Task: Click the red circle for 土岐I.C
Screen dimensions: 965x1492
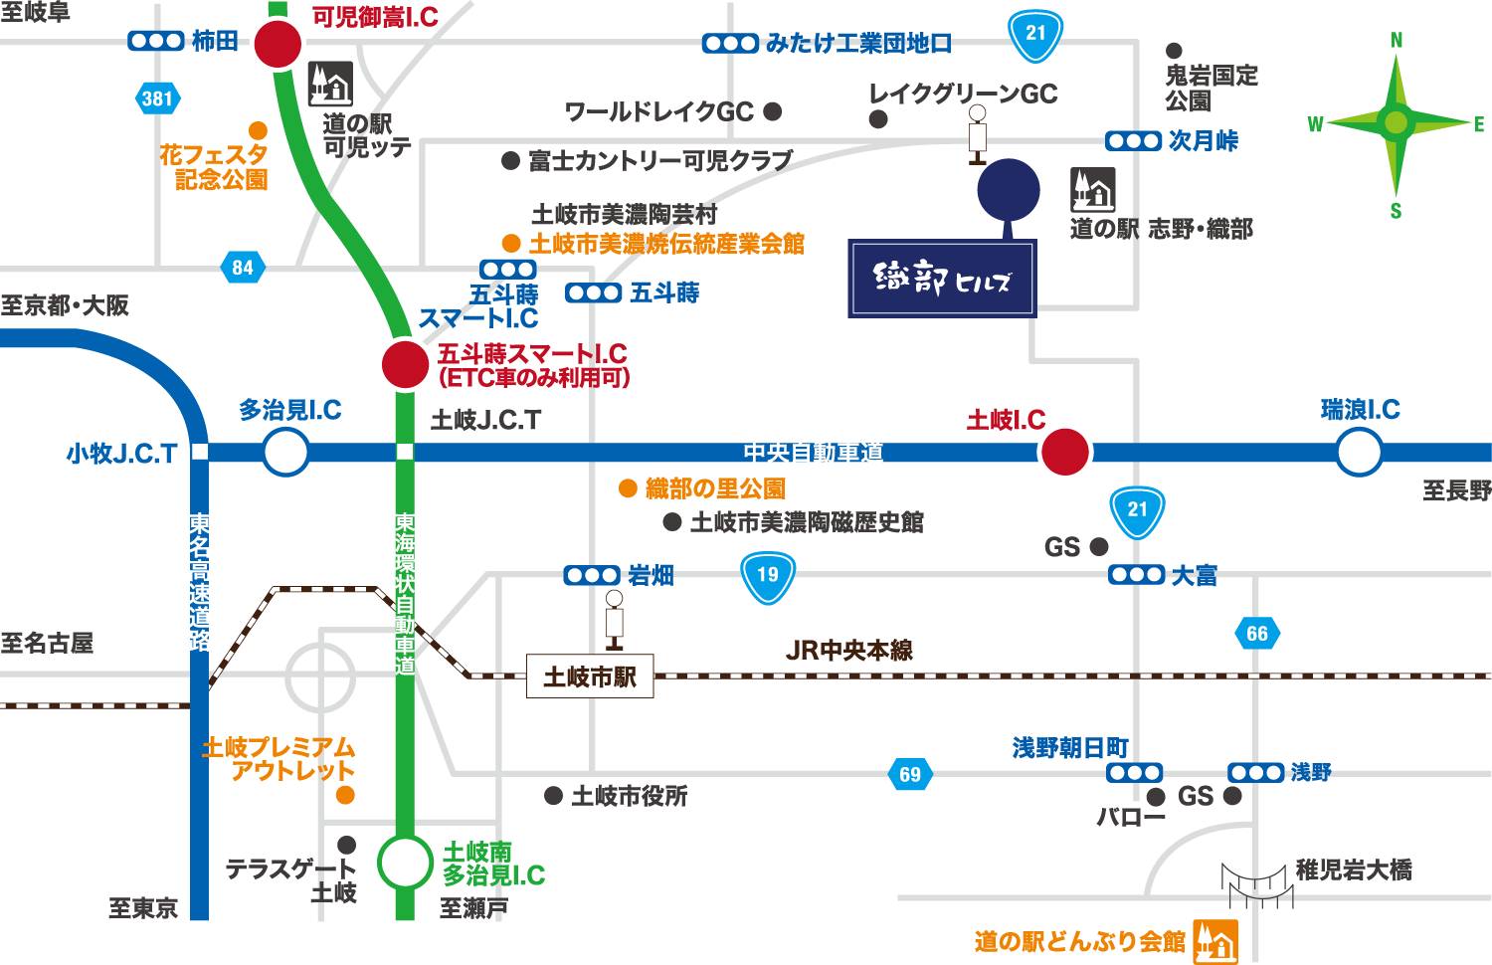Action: [1064, 452]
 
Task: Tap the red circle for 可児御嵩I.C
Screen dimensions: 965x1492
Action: [278, 44]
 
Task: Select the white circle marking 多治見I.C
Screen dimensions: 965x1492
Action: [285, 453]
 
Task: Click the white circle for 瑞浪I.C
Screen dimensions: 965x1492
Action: [1359, 453]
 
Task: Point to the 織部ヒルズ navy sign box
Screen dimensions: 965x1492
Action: [942, 279]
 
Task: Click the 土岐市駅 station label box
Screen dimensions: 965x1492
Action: [590, 676]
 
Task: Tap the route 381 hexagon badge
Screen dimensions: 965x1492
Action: [157, 98]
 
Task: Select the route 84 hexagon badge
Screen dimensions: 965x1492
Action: [243, 268]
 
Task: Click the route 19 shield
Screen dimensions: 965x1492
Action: [768, 577]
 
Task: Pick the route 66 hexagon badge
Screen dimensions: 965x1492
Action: [1257, 634]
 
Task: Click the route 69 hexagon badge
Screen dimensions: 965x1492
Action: [910, 775]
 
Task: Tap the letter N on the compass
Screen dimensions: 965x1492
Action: [1397, 41]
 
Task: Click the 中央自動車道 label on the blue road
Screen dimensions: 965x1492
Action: [814, 453]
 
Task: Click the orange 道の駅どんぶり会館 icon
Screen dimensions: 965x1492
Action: [1215, 940]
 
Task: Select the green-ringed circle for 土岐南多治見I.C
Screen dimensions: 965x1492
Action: [405, 863]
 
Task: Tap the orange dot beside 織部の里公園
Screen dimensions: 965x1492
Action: [628, 488]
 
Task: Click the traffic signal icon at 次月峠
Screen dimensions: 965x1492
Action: [1134, 141]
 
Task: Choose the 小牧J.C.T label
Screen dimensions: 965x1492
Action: [121, 454]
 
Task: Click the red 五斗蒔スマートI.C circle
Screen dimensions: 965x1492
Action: [405, 364]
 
